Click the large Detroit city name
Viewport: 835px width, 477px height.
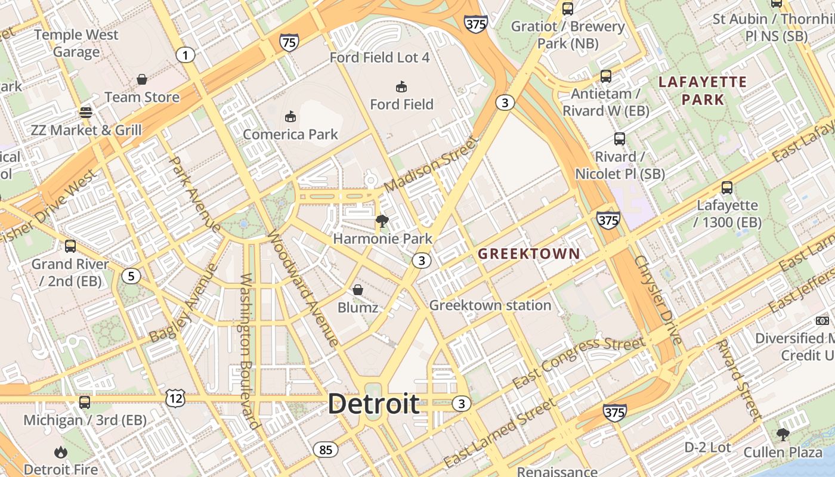pos(374,404)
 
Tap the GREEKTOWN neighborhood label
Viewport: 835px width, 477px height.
pos(529,253)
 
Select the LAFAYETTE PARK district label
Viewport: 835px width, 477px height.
pos(703,91)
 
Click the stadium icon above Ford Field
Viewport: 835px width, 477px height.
pos(401,87)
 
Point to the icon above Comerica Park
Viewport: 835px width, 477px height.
pos(290,116)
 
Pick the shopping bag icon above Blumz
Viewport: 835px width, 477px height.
pos(357,290)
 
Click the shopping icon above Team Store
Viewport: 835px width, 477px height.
pos(142,79)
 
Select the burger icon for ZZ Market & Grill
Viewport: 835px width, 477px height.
pos(86,112)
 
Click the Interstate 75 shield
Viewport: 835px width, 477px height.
pos(289,42)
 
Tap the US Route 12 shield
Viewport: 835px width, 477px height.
pos(176,398)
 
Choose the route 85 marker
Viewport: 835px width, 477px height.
pos(326,450)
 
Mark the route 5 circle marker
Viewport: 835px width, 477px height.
pos(131,276)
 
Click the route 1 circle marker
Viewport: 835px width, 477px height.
pos(185,56)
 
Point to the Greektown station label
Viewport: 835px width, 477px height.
pos(490,305)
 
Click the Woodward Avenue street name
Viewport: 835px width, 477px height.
pos(302,287)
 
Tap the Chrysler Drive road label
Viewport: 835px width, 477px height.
pos(658,300)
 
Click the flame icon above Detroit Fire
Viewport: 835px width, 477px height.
pos(60,453)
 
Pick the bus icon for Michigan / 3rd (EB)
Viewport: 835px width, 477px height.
pos(85,402)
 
